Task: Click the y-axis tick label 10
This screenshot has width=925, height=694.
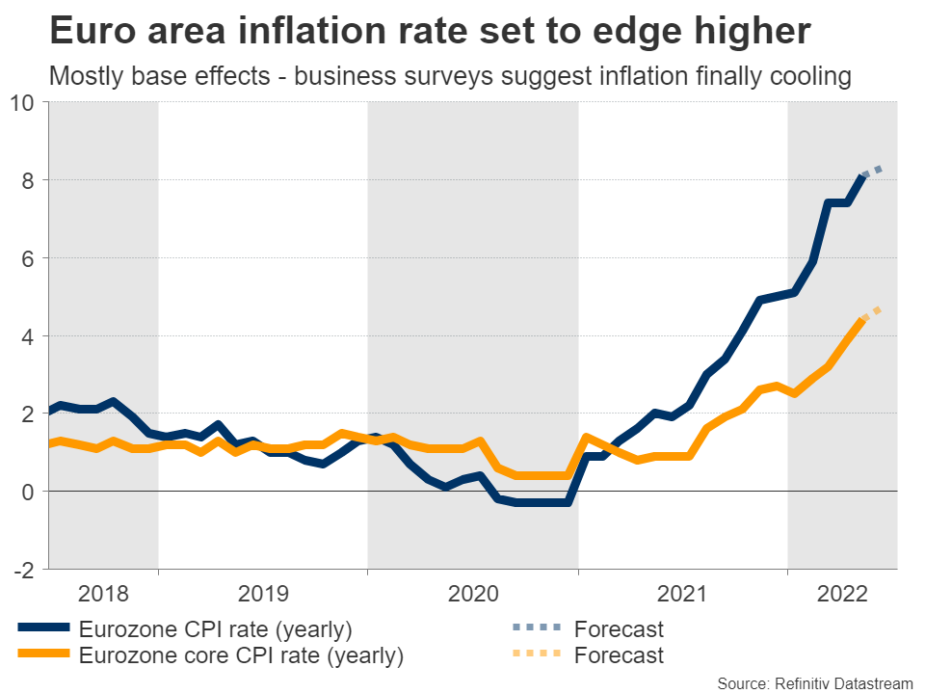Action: [23, 102]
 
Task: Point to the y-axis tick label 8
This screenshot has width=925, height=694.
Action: [29, 180]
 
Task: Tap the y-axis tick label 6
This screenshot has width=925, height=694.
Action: [29, 258]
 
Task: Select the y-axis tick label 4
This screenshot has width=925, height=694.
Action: [29, 336]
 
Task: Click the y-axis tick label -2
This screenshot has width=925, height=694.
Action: [25, 570]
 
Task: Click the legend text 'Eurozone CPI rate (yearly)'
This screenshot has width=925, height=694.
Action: [216, 630]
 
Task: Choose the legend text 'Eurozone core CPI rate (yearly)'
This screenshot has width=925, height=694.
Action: [241, 656]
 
